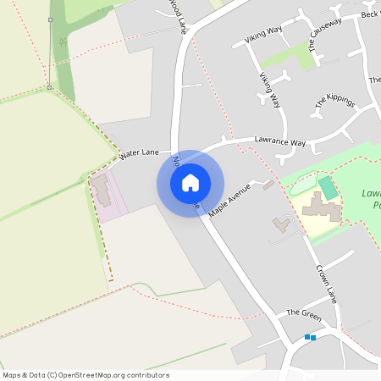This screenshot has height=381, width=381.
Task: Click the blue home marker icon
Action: point(190,182)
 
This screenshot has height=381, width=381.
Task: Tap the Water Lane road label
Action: point(139,154)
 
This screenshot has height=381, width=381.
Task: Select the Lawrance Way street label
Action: point(280,142)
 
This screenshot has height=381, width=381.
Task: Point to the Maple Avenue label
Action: point(229,199)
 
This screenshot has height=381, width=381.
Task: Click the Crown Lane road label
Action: point(327,283)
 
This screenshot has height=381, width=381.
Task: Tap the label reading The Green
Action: point(304,313)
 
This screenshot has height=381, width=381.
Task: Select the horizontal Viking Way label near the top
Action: point(262,35)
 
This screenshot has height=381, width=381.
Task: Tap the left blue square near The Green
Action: point(306,337)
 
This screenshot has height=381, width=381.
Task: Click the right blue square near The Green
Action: point(313,338)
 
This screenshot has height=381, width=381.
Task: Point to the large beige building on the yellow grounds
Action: point(321,207)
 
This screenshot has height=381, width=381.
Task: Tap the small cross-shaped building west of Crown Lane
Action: point(281,224)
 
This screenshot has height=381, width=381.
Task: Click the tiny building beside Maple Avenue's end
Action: point(268,185)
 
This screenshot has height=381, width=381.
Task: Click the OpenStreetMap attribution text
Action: point(86,375)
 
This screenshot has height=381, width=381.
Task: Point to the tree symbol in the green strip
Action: point(62,41)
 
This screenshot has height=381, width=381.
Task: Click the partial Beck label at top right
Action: point(369,14)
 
